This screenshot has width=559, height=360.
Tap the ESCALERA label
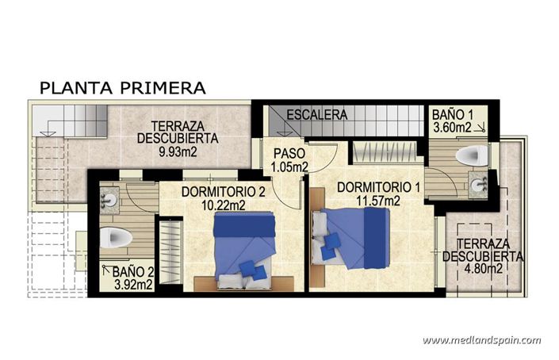(x=317, y=115)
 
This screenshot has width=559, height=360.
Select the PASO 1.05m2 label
(x=289, y=159)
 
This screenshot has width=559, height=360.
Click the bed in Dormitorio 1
(x=353, y=236)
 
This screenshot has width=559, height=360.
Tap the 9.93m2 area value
(x=178, y=150)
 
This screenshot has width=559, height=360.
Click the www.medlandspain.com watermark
(x=481, y=340)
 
